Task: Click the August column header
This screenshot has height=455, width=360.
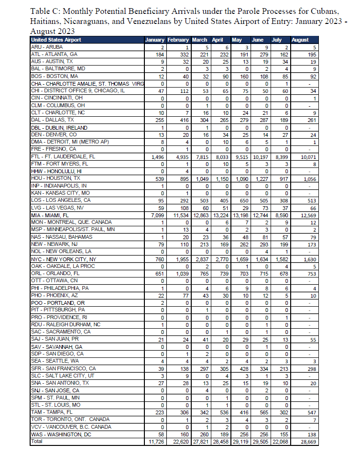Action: pos(300,40)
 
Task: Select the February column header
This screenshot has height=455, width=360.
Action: pos(178,40)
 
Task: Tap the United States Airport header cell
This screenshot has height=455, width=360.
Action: pos(56,40)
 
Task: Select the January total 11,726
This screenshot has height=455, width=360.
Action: pos(154,442)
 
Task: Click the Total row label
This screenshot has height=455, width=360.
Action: pos(37,442)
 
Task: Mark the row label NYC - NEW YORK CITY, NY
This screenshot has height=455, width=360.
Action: pos(63,259)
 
